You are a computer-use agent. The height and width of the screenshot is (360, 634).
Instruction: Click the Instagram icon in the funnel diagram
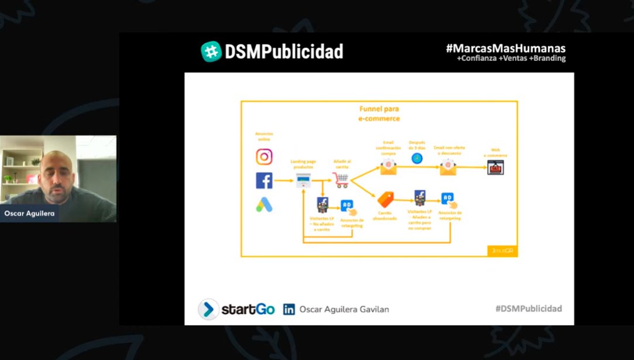pyautogui.click(x=264, y=157)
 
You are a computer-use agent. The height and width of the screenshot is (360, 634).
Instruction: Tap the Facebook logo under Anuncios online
pyautogui.click(x=264, y=181)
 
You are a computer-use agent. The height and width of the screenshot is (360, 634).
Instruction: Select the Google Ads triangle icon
pyautogui.click(x=264, y=205)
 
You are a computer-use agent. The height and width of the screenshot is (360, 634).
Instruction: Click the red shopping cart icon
pyautogui.click(x=341, y=181)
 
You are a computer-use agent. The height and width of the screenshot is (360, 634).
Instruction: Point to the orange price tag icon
pyautogui.click(x=385, y=200)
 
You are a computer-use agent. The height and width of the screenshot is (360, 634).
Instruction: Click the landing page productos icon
pyautogui.click(x=303, y=181)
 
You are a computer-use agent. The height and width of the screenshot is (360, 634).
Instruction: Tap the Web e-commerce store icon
pyautogui.click(x=495, y=167)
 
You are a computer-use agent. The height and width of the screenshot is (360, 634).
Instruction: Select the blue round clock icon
pyautogui.click(x=417, y=158)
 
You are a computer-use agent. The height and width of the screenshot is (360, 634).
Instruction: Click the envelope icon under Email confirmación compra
pyautogui.click(x=388, y=167)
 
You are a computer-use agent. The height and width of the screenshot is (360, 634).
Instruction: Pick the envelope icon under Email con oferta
pyautogui.click(x=448, y=167)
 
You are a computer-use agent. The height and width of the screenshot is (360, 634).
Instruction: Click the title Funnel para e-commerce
pyautogui.click(x=379, y=114)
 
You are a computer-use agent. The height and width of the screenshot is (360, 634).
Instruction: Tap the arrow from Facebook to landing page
pyautogui.click(x=283, y=181)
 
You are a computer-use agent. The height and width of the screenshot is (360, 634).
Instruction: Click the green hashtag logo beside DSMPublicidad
pyautogui.click(x=211, y=52)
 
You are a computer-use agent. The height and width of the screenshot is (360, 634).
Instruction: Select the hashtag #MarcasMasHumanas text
pyautogui.click(x=505, y=48)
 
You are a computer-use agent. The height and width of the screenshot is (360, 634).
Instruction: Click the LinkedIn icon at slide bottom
pyautogui.click(x=289, y=310)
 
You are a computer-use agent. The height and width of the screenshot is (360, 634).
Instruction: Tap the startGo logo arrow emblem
pyautogui.click(x=208, y=309)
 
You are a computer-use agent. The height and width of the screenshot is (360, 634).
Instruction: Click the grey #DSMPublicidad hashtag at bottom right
pyautogui.click(x=528, y=308)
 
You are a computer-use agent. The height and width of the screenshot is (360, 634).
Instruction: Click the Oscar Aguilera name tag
pyautogui.click(x=29, y=214)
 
